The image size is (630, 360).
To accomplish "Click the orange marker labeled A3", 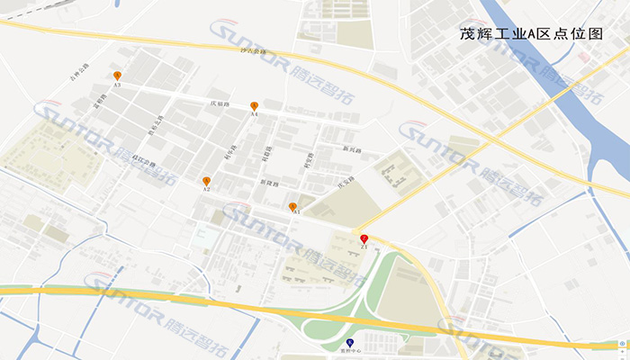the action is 117,76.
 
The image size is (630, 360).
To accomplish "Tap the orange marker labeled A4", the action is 255,106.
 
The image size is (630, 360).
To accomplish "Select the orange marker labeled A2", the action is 206,181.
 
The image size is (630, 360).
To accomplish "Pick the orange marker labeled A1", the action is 292,207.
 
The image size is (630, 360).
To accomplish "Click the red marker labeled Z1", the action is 364,238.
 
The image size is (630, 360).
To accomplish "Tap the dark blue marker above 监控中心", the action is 350,343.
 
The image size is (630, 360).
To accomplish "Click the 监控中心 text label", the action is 350,352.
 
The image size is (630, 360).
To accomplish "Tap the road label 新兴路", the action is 350,149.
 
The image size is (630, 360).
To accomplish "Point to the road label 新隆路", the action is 269,183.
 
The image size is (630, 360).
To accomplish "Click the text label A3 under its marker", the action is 117,85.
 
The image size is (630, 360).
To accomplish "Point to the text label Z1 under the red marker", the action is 364,247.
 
